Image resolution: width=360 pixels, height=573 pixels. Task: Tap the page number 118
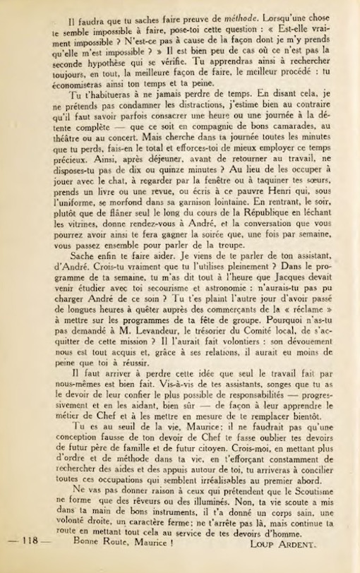tap(30, 560)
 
